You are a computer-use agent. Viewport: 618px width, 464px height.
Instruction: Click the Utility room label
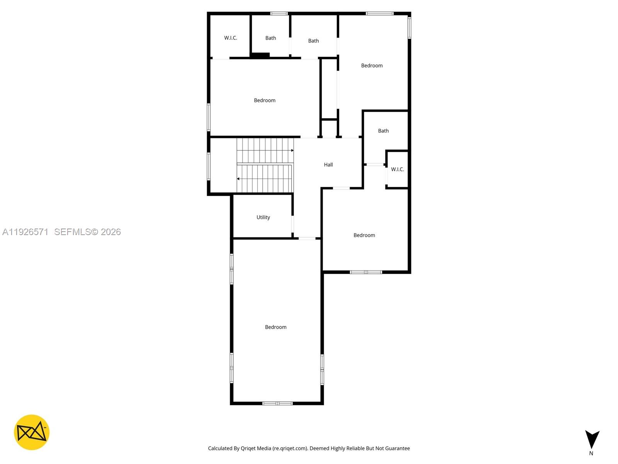click(x=263, y=217)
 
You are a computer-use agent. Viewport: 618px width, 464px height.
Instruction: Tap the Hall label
click(x=328, y=165)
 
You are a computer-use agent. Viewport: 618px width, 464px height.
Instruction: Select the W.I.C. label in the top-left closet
click(x=231, y=38)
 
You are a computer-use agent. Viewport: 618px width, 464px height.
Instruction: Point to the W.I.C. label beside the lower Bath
click(x=397, y=169)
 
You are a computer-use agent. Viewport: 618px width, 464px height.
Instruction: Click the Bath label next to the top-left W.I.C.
click(x=270, y=38)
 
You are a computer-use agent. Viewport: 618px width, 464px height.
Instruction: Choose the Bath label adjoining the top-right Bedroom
click(x=313, y=41)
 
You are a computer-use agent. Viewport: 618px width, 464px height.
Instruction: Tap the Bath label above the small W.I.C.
click(x=383, y=131)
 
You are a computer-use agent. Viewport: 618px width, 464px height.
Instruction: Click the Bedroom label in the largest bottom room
click(x=275, y=327)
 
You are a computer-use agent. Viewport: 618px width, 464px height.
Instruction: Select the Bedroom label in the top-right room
click(x=372, y=66)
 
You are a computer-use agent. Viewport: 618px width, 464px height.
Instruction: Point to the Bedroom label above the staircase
click(x=265, y=101)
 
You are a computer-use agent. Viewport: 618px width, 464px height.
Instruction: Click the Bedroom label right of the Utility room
click(x=364, y=235)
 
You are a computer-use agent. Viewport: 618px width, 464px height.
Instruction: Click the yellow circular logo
click(x=32, y=432)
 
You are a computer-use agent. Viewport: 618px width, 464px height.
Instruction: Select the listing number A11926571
click(x=25, y=232)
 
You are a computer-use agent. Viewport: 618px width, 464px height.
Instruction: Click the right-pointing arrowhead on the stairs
click(x=292, y=150)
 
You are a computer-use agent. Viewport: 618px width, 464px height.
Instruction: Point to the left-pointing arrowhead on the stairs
click(x=238, y=179)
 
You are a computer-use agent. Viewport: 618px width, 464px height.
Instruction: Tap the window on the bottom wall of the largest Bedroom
click(x=277, y=403)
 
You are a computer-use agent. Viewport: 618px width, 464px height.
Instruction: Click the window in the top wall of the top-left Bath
click(x=279, y=14)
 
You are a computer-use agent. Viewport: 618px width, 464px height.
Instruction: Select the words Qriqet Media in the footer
click(x=256, y=449)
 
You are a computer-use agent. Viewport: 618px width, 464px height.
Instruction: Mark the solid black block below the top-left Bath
click(x=260, y=56)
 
